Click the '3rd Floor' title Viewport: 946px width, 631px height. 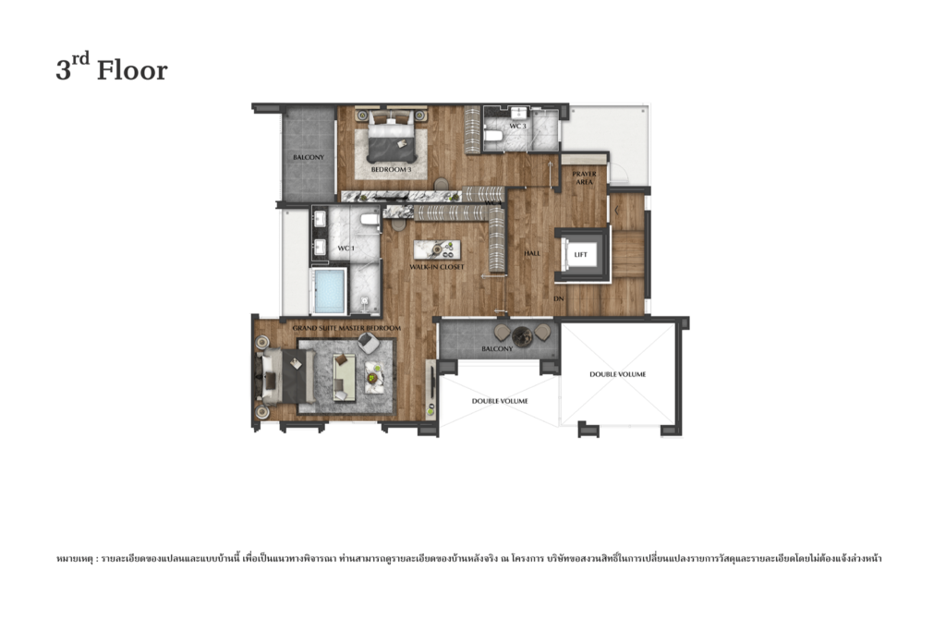pos(112,70)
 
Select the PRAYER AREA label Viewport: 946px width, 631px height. pos(584,177)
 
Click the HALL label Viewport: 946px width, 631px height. pos(532,253)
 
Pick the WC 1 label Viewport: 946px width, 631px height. pos(346,249)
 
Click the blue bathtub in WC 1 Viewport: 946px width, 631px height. pos(329,291)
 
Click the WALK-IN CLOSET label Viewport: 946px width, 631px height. pos(437,267)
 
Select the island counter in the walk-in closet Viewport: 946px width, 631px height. pos(436,249)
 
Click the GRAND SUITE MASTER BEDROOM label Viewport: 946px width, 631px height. pos(346,329)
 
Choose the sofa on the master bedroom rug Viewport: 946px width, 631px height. pos(344,378)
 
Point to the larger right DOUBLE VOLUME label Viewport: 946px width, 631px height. pos(617,374)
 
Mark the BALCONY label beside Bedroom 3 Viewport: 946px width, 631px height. pos(309,157)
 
